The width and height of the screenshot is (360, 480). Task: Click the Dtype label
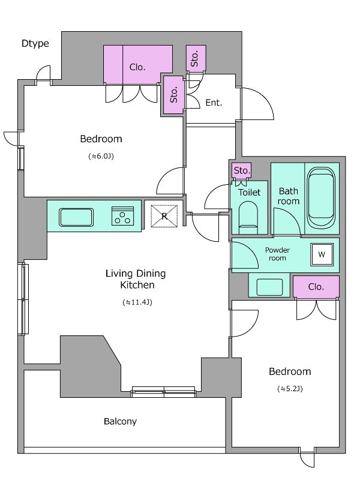35,43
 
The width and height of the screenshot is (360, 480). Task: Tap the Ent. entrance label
214,103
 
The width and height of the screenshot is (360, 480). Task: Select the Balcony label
121,422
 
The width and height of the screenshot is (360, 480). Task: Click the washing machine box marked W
322,254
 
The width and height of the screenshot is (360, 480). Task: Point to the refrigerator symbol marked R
164,216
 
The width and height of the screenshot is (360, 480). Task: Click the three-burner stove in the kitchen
123,216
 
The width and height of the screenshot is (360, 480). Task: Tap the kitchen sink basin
76,217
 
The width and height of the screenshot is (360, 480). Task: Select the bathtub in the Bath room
321,198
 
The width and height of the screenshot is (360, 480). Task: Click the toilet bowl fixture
248,217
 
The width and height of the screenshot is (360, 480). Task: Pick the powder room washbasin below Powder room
269,287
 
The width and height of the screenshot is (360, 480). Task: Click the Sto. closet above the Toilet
242,170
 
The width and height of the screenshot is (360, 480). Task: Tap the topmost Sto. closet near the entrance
196,58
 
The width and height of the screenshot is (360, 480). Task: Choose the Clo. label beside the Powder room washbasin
316,287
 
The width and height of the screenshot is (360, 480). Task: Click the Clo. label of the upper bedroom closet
137,67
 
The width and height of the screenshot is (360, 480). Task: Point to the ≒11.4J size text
137,302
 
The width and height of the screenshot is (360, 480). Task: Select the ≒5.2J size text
290,389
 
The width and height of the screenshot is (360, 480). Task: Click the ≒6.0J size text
101,156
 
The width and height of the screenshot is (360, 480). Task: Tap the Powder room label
277,254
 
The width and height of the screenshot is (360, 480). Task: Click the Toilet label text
249,192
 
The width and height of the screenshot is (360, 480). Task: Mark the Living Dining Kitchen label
136,279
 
